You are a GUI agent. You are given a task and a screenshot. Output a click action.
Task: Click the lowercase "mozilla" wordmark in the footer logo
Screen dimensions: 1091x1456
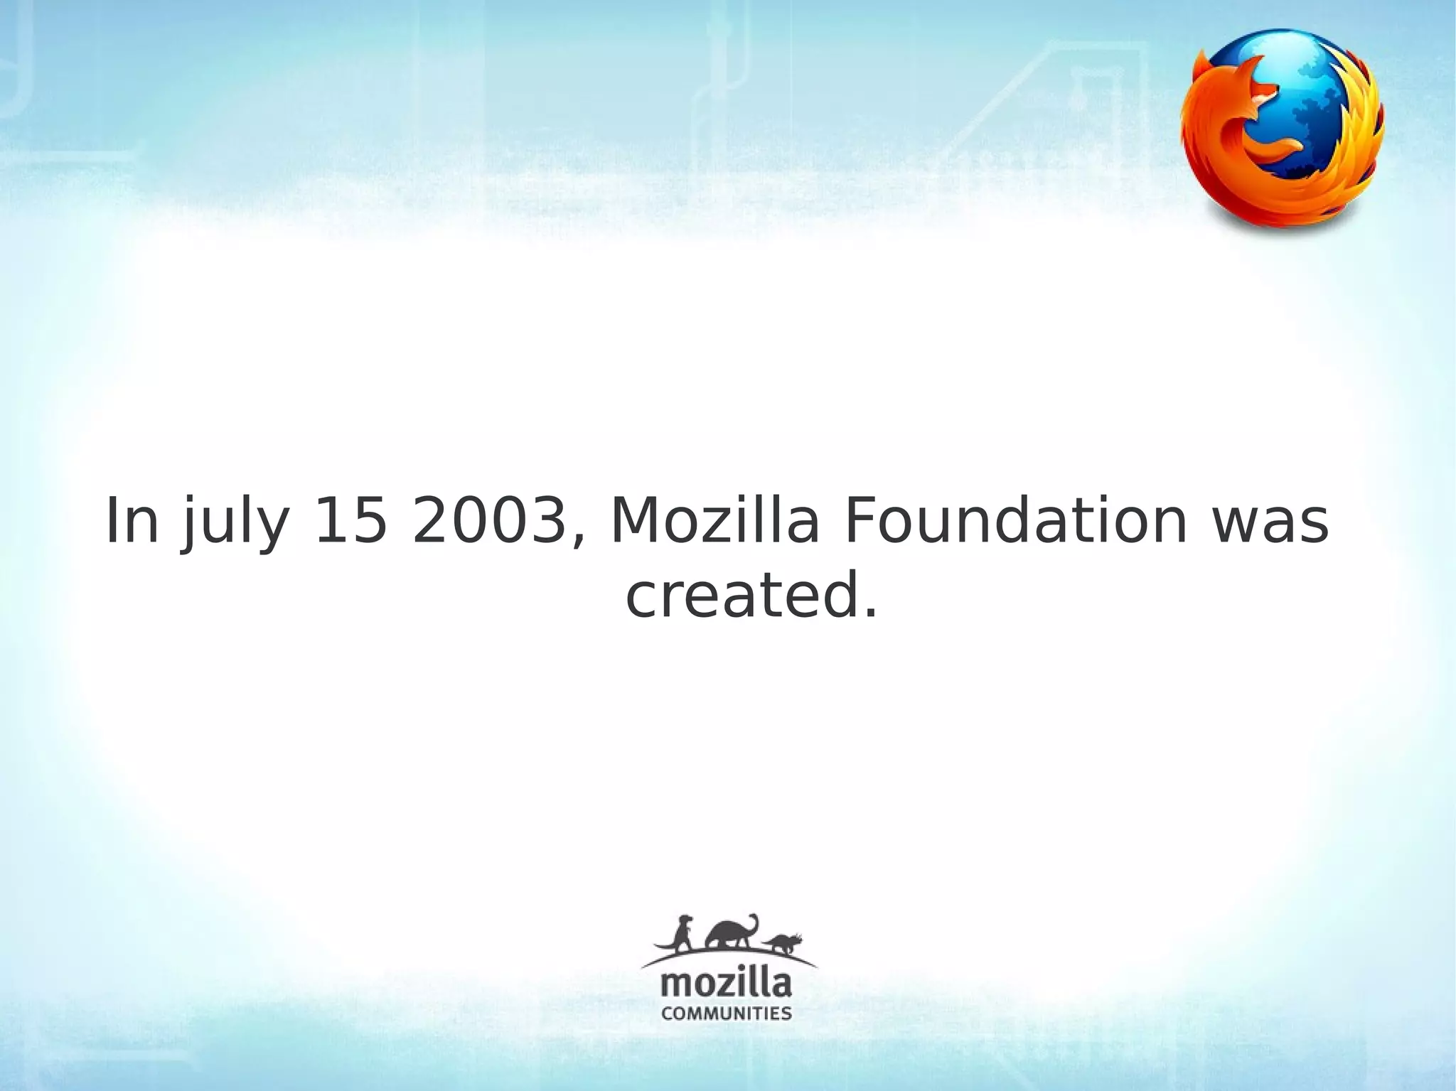pyautogui.click(x=726, y=985)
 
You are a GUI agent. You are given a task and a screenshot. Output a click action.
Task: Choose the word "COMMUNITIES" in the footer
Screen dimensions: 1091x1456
pyautogui.click(x=726, y=1014)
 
